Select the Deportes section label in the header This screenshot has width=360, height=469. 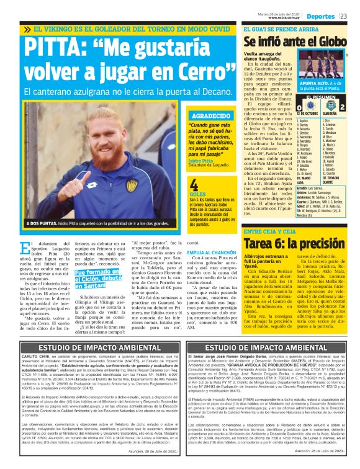click(x=320, y=16)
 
